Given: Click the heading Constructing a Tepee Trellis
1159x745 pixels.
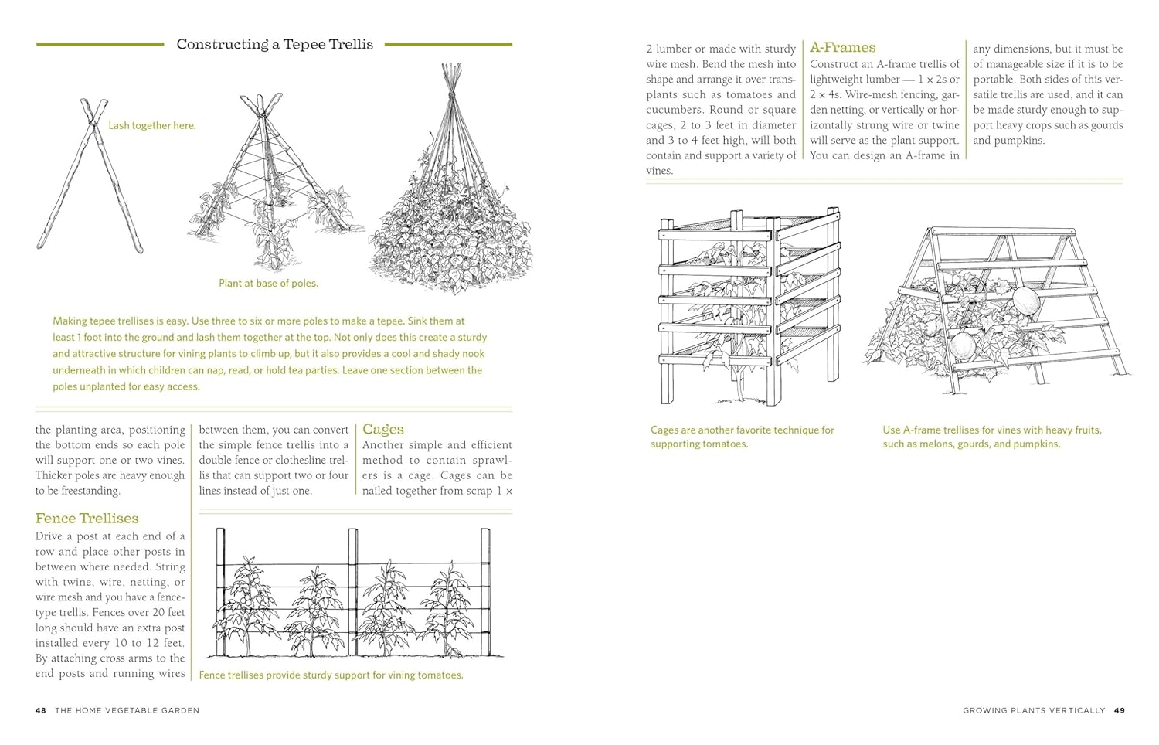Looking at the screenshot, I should pyautogui.click(x=274, y=45).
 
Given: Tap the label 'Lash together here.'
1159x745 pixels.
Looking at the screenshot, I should pyautogui.click(x=151, y=125).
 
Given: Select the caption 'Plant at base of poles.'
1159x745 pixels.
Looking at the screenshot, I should pyautogui.click(x=268, y=284).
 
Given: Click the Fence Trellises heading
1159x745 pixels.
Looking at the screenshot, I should pyautogui.click(x=87, y=519).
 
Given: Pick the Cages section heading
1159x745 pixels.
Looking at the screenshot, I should pyautogui.click(x=383, y=430).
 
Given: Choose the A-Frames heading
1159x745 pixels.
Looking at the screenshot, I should pyautogui.click(x=843, y=48).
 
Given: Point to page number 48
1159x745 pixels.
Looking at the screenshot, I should pyautogui.click(x=41, y=710).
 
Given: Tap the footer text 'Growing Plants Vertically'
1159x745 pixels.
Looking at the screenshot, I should pyautogui.click(x=1033, y=710).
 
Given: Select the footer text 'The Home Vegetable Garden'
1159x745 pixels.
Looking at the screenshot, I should pyautogui.click(x=127, y=710).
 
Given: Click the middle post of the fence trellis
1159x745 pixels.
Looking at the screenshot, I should pyautogui.click(x=352, y=591).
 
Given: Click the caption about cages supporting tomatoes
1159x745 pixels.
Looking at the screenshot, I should pyautogui.click(x=742, y=437).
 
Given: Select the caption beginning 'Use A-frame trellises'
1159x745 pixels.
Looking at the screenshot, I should pyautogui.click(x=992, y=437).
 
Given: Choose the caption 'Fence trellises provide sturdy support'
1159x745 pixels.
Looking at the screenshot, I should pyautogui.click(x=331, y=675).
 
